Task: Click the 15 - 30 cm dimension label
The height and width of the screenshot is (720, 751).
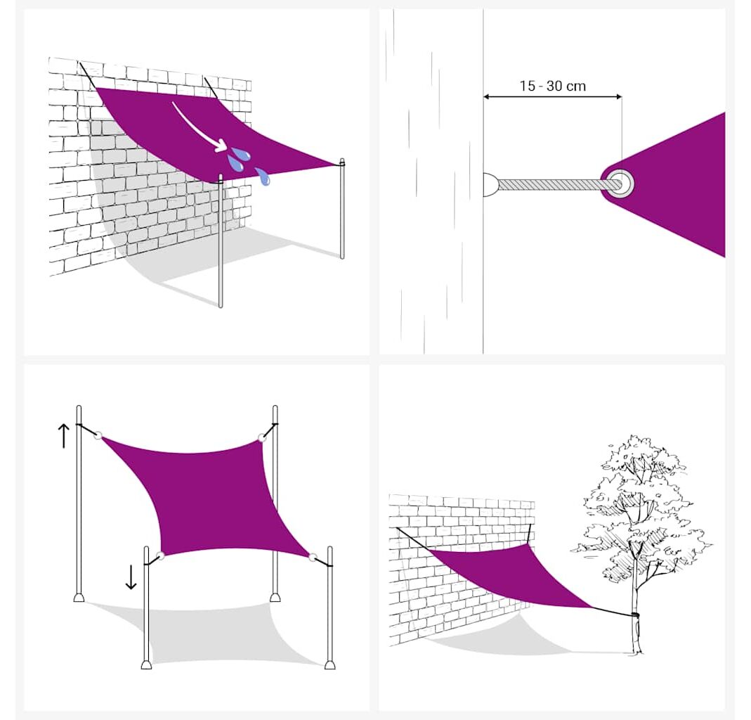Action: pos(553,86)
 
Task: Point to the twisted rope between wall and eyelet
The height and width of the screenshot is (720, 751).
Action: pos(553,184)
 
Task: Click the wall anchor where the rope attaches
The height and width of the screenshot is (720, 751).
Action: pos(490,184)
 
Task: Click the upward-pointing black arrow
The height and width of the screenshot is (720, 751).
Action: pos(64,435)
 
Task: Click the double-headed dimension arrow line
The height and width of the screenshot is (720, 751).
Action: pos(553,97)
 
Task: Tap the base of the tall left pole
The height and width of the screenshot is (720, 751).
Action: pos(79,597)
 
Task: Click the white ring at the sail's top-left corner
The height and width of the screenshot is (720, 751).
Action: pos(98,435)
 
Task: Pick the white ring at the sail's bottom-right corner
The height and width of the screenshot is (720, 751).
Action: pos(313,558)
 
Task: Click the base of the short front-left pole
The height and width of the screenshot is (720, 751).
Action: pos(147,664)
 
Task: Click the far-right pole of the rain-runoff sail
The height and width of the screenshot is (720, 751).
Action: pos(342,209)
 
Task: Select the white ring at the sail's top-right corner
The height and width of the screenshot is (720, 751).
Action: pos(262,437)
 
